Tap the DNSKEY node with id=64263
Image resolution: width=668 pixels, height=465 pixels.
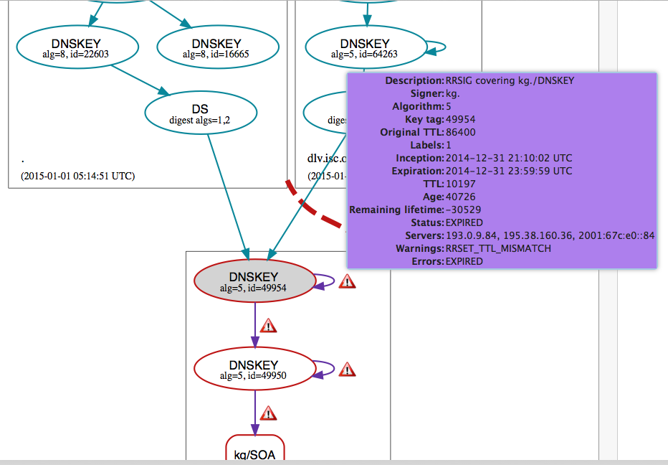pos(366,47)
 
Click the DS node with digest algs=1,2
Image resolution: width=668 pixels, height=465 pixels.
pos(200,114)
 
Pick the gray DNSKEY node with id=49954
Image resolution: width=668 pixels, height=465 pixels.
pos(254,281)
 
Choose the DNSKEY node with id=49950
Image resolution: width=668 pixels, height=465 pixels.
pos(254,369)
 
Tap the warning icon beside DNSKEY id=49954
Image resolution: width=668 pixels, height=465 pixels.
pos(347,281)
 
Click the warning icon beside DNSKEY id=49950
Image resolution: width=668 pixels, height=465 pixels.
pos(347,370)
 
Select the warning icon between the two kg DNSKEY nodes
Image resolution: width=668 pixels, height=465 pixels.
pos(268,326)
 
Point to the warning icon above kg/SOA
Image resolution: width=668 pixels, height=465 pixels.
pos(268,413)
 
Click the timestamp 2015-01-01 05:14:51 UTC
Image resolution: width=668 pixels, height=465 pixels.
pos(77,176)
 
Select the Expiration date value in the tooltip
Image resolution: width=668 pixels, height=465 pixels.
pos(509,171)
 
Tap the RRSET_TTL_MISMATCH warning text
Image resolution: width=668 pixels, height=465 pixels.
pos(498,248)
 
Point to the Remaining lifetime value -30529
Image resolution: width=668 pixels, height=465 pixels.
pos(463,210)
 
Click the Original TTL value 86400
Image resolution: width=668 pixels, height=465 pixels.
pos(461,132)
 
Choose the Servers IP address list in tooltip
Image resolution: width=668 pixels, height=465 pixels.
pos(550,235)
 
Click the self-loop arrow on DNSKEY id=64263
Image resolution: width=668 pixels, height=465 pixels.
pos(439,47)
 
